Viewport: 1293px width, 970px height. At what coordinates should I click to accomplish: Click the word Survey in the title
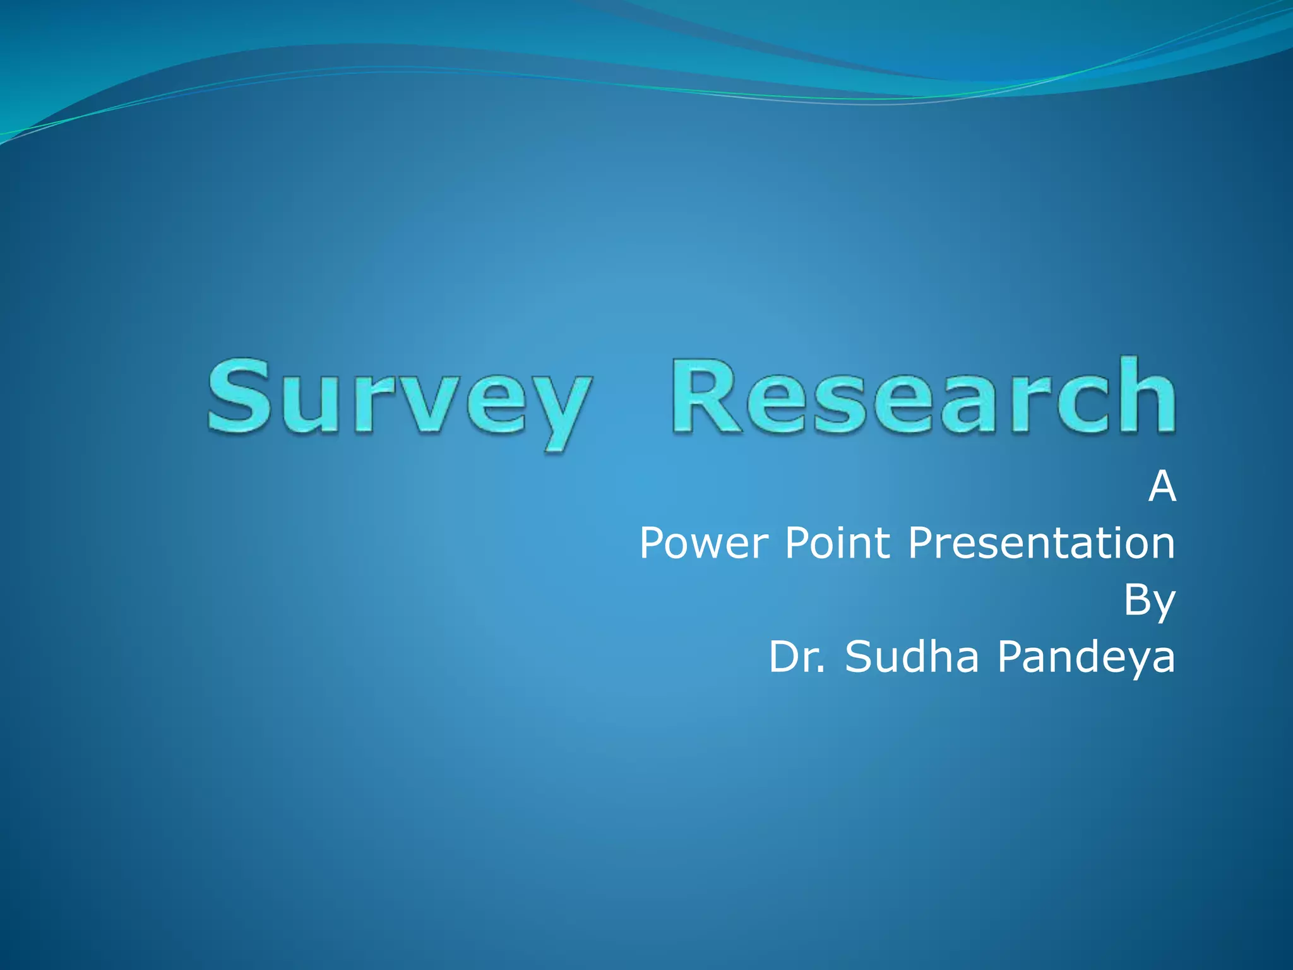point(399,398)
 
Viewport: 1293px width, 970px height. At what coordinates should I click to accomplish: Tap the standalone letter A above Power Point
point(1162,487)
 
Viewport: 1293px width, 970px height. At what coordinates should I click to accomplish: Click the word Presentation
point(1041,543)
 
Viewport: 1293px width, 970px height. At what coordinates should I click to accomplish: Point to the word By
point(1149,601)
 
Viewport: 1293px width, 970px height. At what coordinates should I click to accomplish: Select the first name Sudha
point(912,657)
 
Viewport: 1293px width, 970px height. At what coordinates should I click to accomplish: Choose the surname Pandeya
point(1086,657)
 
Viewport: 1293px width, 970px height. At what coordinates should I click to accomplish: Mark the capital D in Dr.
point(783,657)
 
